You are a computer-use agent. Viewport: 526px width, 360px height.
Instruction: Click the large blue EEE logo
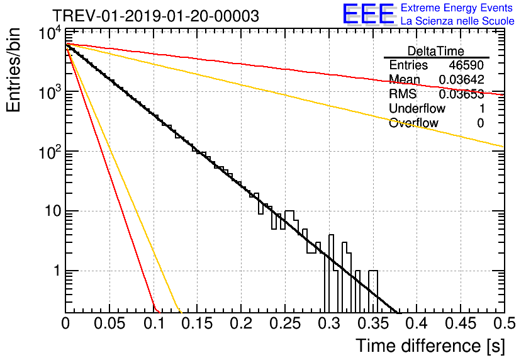click(x=367, y=14)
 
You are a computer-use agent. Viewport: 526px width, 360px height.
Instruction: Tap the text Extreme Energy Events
click(x=457, y=8)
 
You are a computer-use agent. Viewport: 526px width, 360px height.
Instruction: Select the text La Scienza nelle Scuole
click(x=457, y=21)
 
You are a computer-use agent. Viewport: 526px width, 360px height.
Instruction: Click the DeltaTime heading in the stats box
click(x=436, y=50)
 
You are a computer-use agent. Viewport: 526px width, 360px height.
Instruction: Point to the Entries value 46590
click(x=466, y=65)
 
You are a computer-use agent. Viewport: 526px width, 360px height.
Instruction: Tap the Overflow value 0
click(x=480, y=123)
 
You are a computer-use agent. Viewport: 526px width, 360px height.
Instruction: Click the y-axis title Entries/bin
click(x=15, y=70)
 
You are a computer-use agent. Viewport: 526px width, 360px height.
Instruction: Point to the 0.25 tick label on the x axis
click(x=284, y=324)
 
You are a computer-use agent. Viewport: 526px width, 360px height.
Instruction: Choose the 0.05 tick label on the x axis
click(x=109, y=324)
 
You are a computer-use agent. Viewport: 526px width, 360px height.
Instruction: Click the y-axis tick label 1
click(x=55, y=271)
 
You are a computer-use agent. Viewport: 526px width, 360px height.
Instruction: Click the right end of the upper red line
click(x=503, y=94)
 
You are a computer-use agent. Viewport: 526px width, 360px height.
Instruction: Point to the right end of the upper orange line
click(x=503, y=147)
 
